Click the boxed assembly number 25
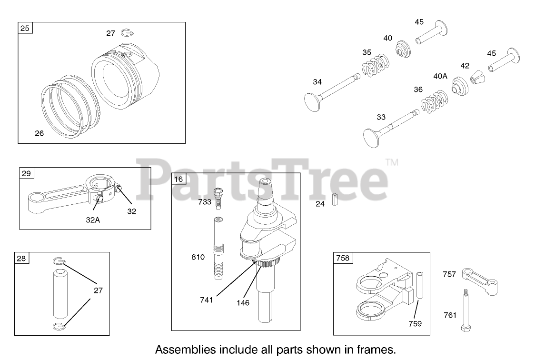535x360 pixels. pos(25,28)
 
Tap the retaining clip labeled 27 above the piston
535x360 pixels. pos(127,33)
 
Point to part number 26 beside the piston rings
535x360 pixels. pos(39,133)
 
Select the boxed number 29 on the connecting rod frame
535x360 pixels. pos(26,173)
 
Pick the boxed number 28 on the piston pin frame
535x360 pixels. pos(21,259)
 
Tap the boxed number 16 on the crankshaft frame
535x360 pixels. pos(178,179)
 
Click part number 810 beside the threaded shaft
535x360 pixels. pos(198,257)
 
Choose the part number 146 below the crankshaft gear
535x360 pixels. pos(243,302)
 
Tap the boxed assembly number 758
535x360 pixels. pos(343,258)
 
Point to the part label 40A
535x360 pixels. pos(440,75)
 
